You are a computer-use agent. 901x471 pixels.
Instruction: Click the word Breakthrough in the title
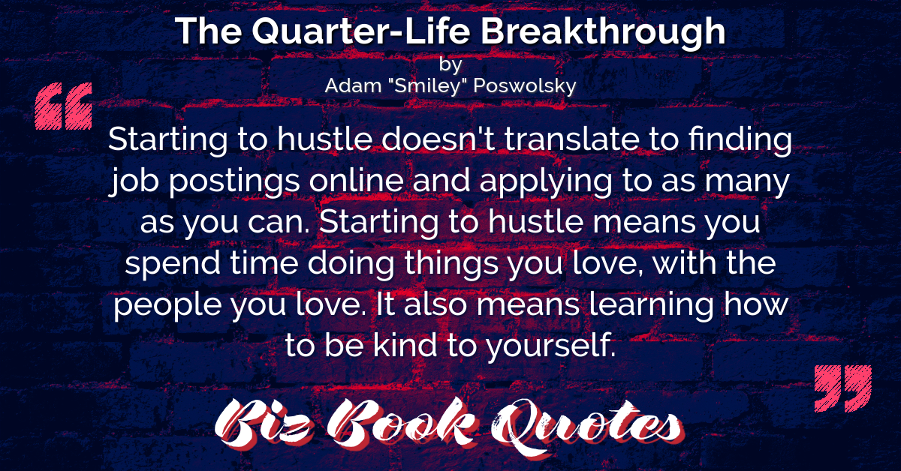coord(603,32)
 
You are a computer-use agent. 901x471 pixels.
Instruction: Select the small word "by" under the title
coord(450,64)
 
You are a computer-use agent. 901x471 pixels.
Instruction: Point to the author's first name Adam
coord(353,85)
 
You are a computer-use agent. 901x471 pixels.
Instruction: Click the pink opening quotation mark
coord(64,106)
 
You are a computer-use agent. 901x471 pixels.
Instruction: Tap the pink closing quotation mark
coord(842,388)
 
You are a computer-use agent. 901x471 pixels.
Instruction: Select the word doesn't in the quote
coord(438,139)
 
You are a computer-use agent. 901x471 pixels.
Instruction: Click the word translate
coord(571,139)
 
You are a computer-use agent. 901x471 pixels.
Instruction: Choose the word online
coord(357,181)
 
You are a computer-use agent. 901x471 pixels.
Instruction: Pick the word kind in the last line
coord(405,345)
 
